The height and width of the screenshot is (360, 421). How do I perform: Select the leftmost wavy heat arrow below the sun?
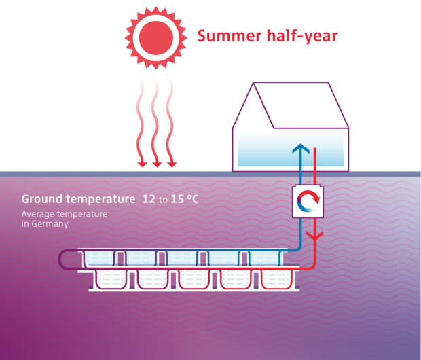click(142, 115)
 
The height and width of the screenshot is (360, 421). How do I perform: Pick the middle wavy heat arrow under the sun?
click(157, 115)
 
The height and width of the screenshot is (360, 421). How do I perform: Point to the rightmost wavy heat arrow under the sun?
click(172, 115)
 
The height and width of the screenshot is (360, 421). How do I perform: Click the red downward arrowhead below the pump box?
click(313, 236)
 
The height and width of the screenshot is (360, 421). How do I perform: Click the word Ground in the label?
click(41, 200)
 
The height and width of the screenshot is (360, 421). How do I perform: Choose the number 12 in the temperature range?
click(148, 200)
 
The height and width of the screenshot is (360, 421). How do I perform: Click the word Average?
click(39, 214)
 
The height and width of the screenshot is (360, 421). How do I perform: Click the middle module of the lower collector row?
click(198, 279)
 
